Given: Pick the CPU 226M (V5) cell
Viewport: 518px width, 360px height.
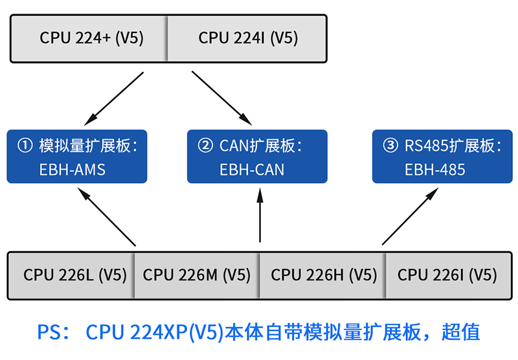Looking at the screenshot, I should point(197,275).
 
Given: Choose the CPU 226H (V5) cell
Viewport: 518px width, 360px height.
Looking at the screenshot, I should point(323,275).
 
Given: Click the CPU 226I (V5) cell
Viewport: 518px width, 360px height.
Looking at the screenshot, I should point(447,275).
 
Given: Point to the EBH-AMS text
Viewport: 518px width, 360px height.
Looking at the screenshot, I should point(72,170).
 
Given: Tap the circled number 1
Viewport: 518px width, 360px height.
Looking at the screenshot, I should point(25,146).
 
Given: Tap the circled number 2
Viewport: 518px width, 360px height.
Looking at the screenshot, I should point(205,146).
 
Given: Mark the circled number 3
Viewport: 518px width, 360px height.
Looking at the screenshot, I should point(390,146).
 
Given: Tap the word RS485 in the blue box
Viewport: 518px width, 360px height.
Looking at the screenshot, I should point(423,146).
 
